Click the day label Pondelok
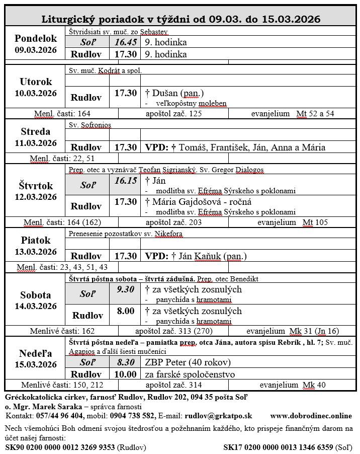[x=36, y=38]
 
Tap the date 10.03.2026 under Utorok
[x=36, y=93]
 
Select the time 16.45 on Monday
[x=125, y=42]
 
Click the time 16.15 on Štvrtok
[x=125, y=181]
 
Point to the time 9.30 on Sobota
[x=125, y=289]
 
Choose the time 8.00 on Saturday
[x=125, y=311]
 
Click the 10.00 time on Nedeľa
[x=125, y=374]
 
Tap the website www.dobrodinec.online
[x=311, y=416]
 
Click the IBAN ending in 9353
[x=60, y=446]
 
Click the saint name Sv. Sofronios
[x=90, y=125]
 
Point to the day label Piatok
[x=36, y=241]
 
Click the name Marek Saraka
[x=57, y=406]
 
